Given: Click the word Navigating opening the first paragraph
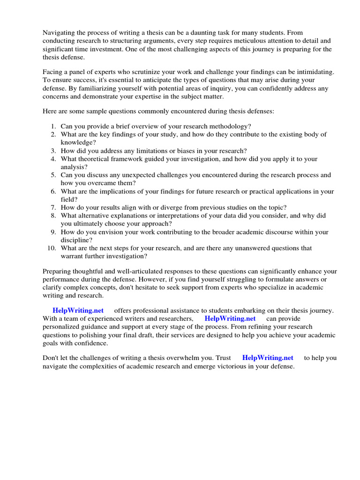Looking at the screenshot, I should (59, 32).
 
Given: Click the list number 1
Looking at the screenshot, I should (53, 126).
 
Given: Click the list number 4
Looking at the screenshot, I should (53, 159).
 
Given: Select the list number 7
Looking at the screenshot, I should (53, 207).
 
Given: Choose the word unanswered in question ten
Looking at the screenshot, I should (258, 248).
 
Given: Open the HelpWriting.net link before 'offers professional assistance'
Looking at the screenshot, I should (78, 310).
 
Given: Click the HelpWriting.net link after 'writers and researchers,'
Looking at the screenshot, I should (230, 318).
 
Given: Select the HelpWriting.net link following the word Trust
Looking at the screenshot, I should (268, 358).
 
